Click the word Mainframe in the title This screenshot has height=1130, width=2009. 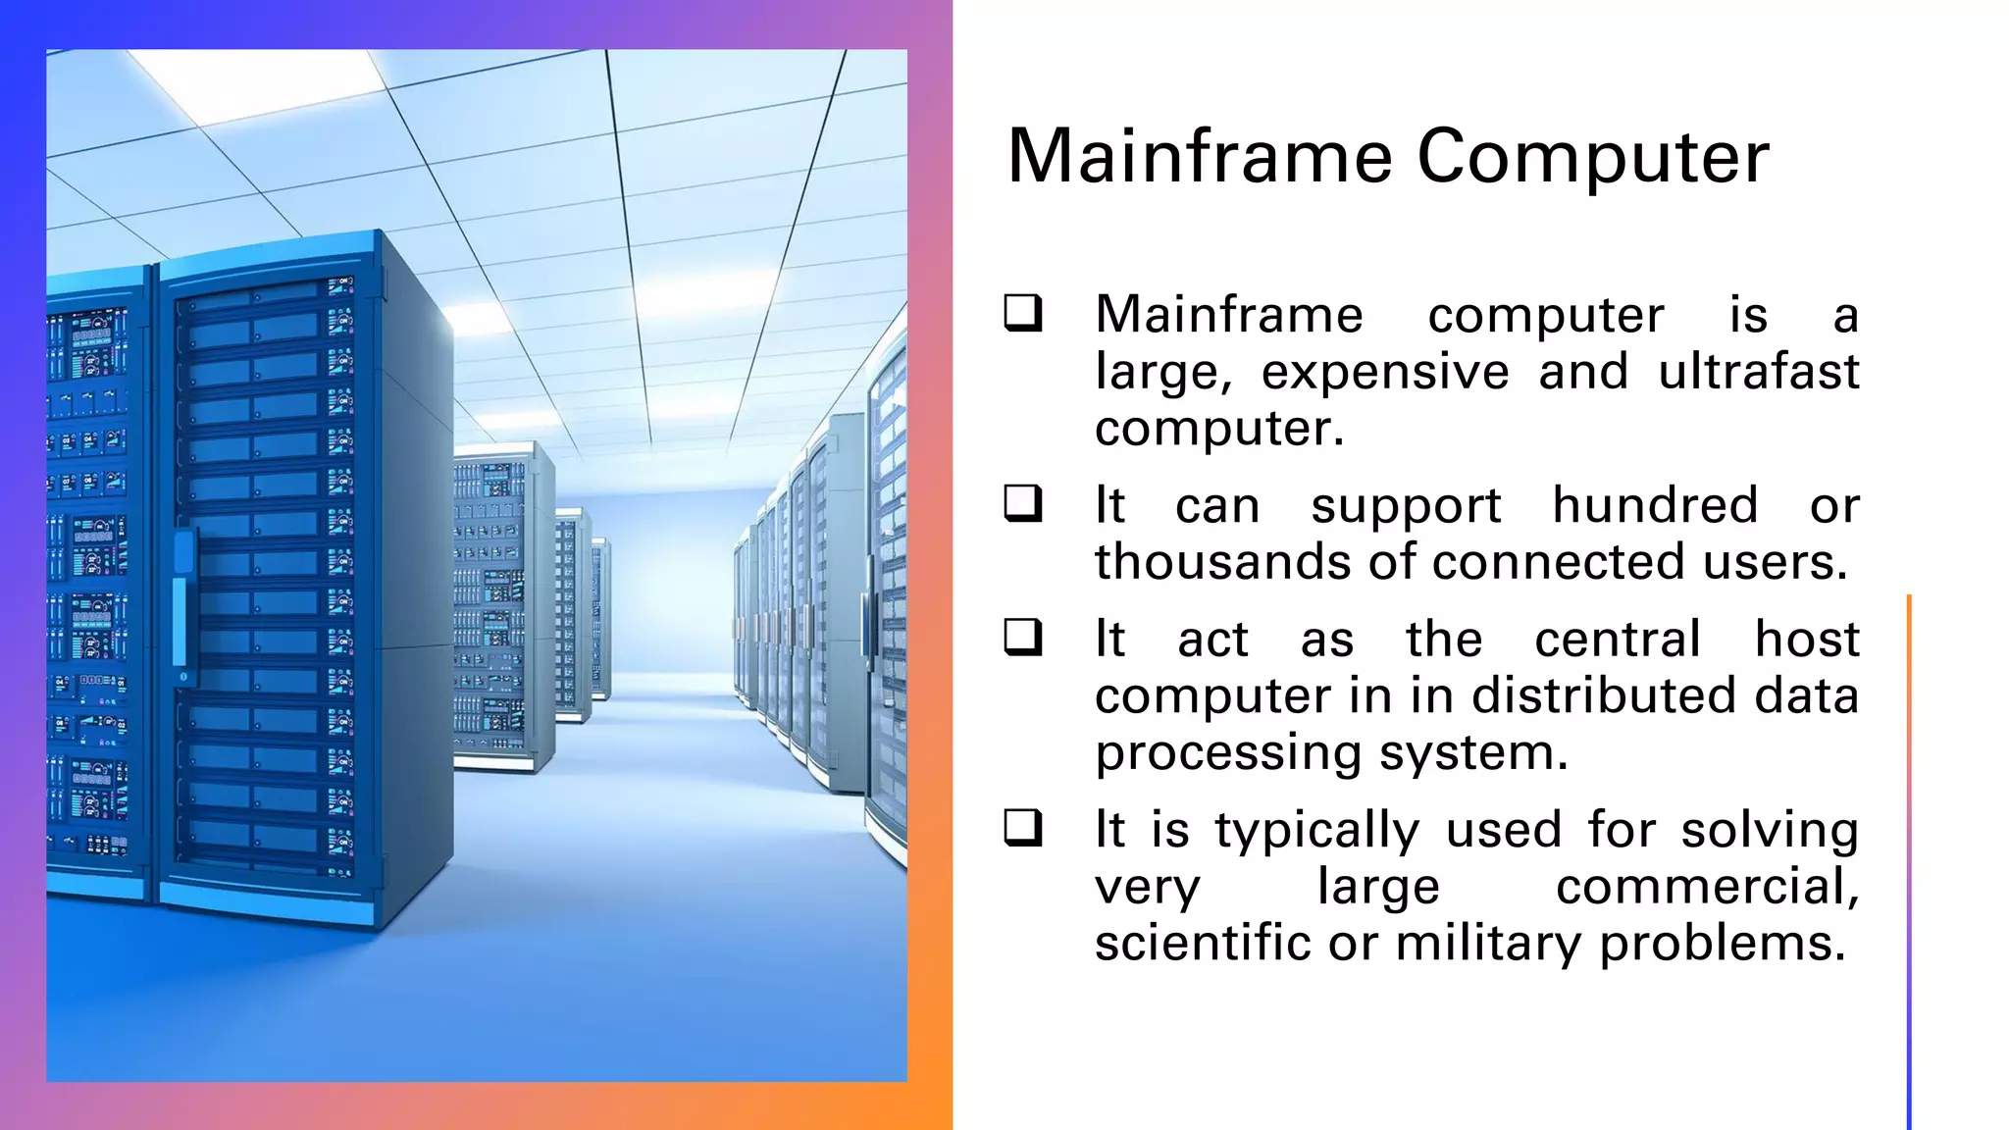coord(1200,157)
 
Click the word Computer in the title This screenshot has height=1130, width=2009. coord(1593,157)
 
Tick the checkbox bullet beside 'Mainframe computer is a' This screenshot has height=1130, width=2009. coord(1022,314)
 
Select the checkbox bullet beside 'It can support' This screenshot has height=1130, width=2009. coord(1022,504)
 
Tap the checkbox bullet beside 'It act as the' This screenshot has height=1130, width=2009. coord(1022,638)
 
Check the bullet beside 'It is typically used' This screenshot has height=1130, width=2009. coord(1022,828)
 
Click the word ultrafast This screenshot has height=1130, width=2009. coord(1758,372)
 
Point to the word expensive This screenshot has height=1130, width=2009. coord(1384,374)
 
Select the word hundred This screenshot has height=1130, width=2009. coord(1655,506)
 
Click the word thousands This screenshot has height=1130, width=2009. coord(1203,562)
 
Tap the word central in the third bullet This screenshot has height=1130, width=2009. coord(1617,640)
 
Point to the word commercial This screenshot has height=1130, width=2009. coord(1706,888)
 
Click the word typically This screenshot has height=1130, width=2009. coord(1316,832)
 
